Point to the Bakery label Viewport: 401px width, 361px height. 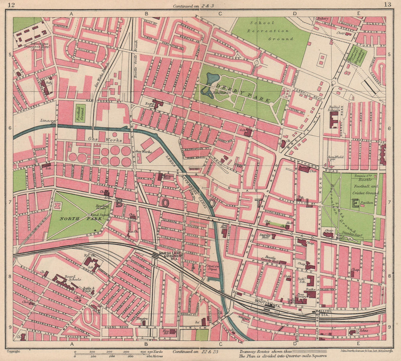(322, 18)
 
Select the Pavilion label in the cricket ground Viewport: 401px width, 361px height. (367, 203)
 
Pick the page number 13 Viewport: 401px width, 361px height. (387, 5)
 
